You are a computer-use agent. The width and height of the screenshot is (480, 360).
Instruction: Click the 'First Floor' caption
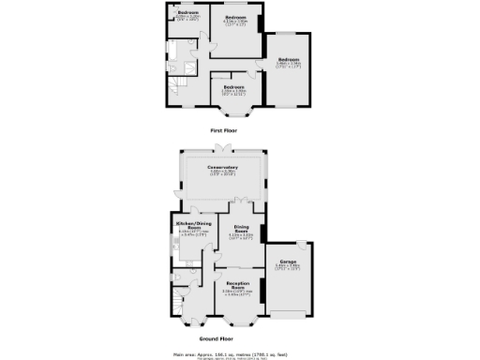point(224,132)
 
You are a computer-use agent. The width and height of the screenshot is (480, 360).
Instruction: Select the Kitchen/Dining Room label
point(189,226)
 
